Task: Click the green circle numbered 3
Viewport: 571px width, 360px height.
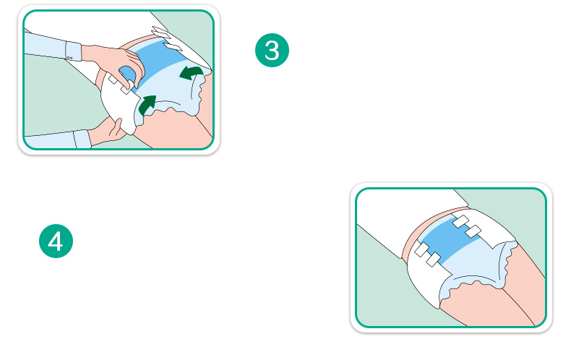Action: point(272,51)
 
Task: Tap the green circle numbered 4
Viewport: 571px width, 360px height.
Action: point(56,241)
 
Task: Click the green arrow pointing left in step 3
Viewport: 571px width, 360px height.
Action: point(191,72)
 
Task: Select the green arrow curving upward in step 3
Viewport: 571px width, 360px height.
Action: point(147,105)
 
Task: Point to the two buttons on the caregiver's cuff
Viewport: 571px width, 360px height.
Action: point(69,58)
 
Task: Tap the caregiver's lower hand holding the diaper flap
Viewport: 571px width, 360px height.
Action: point(108,131)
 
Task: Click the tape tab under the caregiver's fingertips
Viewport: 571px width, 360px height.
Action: point(126,87)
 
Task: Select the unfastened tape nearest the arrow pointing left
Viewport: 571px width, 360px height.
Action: point(173,47)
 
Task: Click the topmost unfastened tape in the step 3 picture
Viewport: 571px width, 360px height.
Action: point(160,33)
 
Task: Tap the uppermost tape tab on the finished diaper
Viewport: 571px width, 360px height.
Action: point(461,221)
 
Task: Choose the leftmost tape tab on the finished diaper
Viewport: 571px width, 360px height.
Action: point(421,249)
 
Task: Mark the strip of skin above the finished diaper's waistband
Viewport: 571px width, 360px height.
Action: point(430,226)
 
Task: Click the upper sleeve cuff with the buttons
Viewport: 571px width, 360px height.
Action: point(73,51)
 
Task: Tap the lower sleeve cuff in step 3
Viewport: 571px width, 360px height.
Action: point(82,140)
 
